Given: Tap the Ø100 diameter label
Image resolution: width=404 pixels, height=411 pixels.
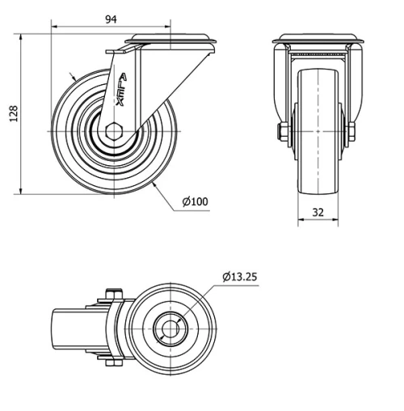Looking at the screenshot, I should tap(196, 201).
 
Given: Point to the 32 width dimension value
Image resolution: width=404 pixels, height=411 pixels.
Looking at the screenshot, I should tap(318, 212).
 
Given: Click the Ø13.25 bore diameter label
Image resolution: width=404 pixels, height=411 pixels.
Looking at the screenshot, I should tap(241, 278).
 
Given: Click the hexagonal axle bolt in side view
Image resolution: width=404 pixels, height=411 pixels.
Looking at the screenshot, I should tap(114, 132).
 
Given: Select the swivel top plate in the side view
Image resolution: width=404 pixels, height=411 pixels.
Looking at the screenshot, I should tap(174, 39).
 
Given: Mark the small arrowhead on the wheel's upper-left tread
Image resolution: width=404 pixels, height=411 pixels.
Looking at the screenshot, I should tap(74, 78).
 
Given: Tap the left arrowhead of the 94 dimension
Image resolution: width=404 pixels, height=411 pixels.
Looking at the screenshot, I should tap(55, 28).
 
